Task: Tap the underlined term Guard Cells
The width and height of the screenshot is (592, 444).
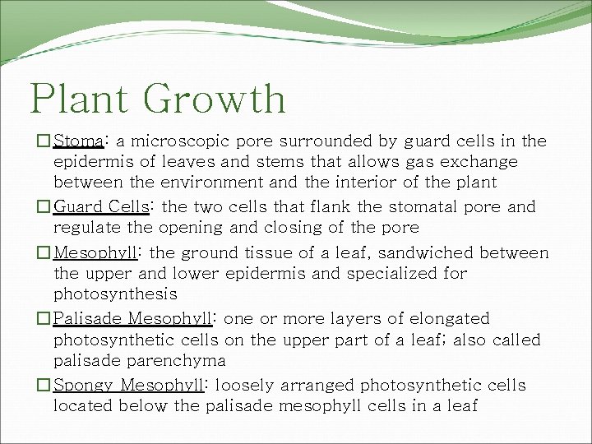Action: [x=99, y=206]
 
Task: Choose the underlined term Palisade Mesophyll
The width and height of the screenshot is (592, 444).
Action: [x=134, y=318]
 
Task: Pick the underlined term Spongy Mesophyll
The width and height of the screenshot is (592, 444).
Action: [x=131, y=385]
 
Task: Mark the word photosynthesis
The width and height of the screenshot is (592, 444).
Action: [x=115, y=294]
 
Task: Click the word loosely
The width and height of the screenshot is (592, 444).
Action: [x=247, y=385]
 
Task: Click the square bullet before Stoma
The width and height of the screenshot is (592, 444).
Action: [x=44, y=141]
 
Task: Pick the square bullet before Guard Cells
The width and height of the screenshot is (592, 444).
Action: [x=44, y=206]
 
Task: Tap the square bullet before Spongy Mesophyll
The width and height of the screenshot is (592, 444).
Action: [x=44, y=385]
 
